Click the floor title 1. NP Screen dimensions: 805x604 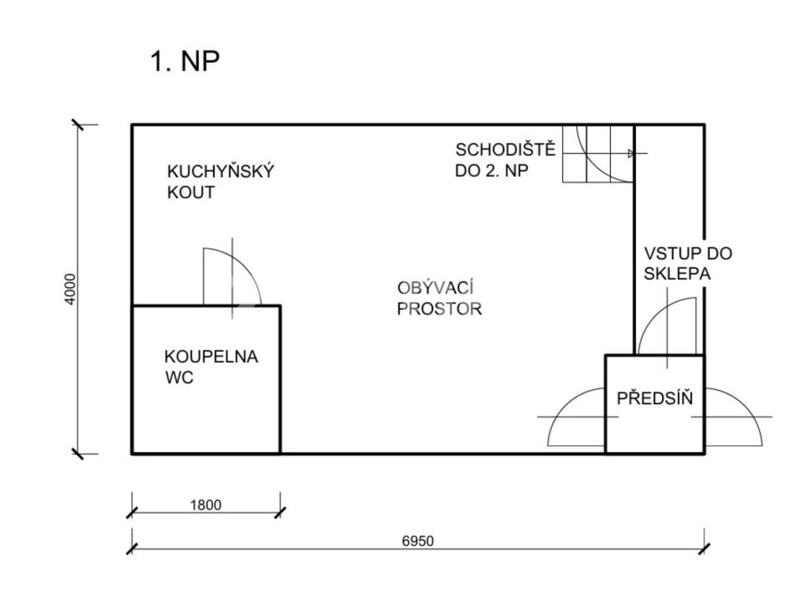tap(186, 61)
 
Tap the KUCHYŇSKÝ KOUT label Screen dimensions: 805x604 tap(221, 182)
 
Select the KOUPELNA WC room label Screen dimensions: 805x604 tap(211, 366)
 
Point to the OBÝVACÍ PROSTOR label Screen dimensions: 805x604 tap(439, 298)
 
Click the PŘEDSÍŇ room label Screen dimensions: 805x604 tap(655, 398)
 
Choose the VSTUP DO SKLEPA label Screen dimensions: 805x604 tap(688, 263)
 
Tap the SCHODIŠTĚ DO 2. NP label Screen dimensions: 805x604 tap(505, 160)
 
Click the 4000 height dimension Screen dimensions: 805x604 tap(70, 289)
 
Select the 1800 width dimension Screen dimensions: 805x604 tap(206, 505)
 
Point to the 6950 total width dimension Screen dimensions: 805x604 tap(418, 541)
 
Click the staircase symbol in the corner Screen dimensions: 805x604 tap(598, 153)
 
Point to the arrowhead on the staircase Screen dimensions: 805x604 tap(631, 153)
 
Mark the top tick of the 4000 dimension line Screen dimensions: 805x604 tap(78, 125)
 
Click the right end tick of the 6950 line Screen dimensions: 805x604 tap(704, 548)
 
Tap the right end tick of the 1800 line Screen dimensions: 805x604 tap(281, 513)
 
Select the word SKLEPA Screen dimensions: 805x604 tap(677, 274)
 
